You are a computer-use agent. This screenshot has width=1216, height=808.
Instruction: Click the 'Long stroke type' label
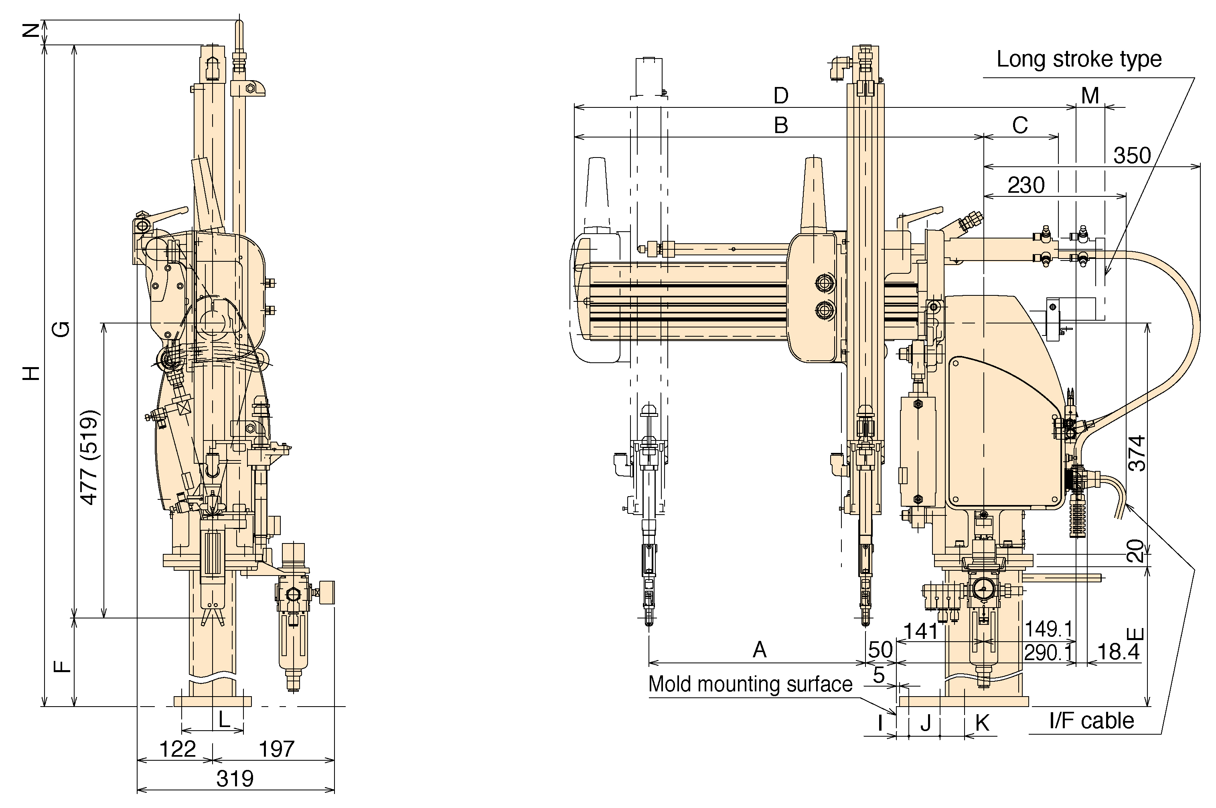point(1079,59)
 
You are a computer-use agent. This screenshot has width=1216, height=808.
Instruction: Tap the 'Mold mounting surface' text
point(750,684)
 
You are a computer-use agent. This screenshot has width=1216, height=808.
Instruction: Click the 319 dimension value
point(235,779)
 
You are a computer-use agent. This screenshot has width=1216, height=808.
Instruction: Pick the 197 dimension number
point(276,749)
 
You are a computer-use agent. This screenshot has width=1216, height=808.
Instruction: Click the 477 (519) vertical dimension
point(89,457)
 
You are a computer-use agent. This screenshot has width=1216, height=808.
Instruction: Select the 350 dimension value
point(1132,155)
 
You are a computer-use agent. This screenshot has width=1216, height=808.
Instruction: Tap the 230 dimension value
point(1026,185)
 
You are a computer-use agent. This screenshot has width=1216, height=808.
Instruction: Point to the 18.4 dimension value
point(1118,652)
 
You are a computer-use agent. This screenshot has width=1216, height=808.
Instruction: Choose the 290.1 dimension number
point(1048,653)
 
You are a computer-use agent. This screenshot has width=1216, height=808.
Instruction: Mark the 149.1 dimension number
point(1048,629)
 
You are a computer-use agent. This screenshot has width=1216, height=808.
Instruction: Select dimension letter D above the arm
point(781,95)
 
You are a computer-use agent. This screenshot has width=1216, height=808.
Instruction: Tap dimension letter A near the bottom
point(760,650)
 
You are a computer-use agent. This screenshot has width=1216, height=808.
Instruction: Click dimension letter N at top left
point(31,31)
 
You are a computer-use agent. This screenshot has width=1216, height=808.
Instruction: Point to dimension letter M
point(1090,95)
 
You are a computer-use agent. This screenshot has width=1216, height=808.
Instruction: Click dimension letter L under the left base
point(224,719)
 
